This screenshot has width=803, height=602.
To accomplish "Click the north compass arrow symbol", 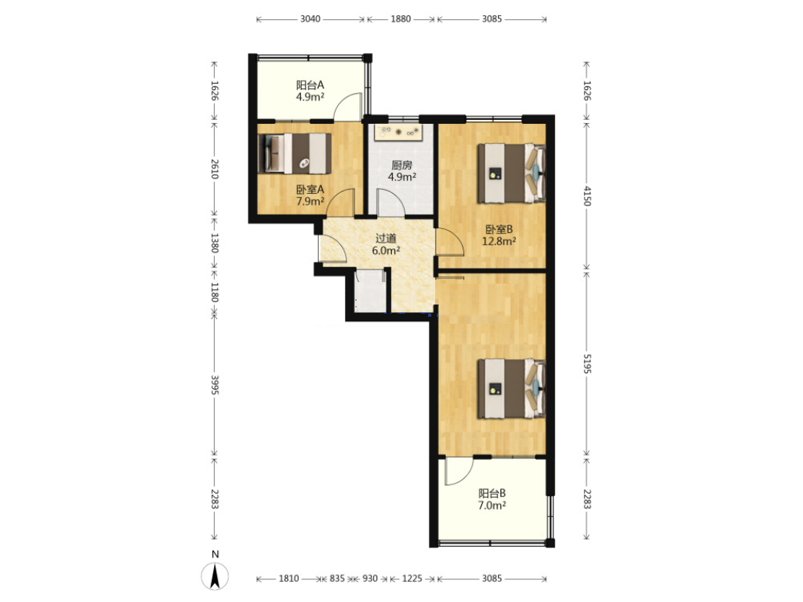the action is [216, 576].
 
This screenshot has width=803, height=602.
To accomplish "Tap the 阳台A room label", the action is [310, 85].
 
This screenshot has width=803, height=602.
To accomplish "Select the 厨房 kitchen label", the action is [402, 165].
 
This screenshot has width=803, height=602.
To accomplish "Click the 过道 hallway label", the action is [386, 238].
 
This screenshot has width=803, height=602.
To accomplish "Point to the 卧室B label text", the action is [499, 230].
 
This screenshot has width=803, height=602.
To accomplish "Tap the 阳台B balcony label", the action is [492, 494].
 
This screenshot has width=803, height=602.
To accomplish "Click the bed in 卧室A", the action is [294, 154].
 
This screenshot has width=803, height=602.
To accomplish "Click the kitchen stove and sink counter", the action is [399, 132].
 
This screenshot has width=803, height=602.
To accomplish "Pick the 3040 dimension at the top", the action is [310, 19].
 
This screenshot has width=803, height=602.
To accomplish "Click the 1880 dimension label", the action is [401, 19].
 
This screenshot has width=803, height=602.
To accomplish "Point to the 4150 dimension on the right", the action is [587, 196].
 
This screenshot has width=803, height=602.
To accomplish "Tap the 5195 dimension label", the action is [587, 363].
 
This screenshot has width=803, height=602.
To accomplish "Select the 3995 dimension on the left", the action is [215, 384].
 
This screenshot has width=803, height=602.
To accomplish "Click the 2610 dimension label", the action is [215, 169].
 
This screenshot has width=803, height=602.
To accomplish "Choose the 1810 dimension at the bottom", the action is [289, 578].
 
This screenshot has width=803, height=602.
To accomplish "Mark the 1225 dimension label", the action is [412, 578].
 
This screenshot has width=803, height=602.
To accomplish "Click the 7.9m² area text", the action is [310, 201].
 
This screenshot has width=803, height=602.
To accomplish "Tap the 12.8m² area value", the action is [499, 241].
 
